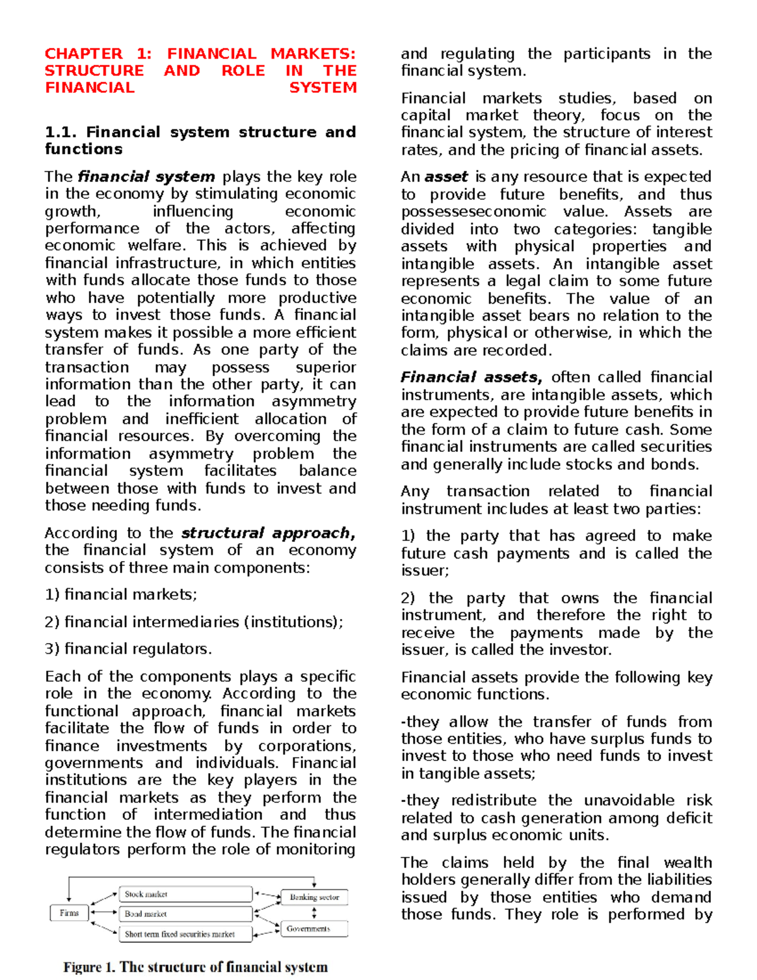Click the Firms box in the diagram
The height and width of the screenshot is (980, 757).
point(69,913)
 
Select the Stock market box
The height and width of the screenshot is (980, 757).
point(185,894)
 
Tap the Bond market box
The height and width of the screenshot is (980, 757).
point(185,914)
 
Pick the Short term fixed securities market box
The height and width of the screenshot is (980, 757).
point(185,934)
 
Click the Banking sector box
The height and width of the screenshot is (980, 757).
point(314,897)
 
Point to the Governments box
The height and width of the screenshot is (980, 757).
point(314,929)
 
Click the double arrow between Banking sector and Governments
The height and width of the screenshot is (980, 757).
point(314,913)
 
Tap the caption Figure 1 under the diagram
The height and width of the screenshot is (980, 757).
point(195,967)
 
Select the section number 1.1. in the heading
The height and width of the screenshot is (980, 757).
point(61,133)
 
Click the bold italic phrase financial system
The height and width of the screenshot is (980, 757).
point(146,177)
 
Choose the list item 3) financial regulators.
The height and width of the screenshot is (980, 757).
point(128,649)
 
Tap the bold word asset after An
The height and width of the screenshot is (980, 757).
point(446,177)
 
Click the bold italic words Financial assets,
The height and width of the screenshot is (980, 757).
point(471,377)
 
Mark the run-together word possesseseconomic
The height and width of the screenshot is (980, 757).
point(473,211)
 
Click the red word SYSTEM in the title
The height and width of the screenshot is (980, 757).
point(322,88)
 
